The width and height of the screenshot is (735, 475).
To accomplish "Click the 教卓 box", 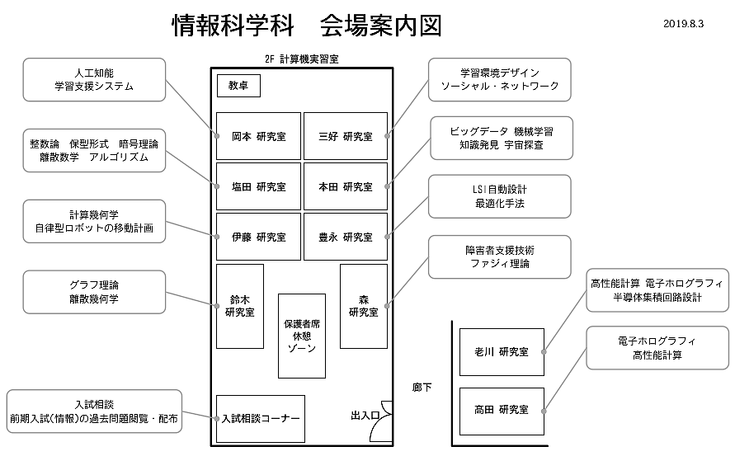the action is [x=238, y=86].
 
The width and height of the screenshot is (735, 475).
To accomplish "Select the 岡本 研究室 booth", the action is [x=258, y=136].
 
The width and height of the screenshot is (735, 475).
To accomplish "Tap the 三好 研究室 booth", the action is [x=346, y=136].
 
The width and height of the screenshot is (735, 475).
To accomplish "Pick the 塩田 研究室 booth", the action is [x=258, y=186].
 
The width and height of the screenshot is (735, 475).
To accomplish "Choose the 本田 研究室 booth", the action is [x=346, y=186].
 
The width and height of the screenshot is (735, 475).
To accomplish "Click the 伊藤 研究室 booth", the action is [x=258, y=237].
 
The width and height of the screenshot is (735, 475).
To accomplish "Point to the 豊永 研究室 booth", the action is [x=346, y=237].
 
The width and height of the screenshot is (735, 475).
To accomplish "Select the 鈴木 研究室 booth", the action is [x=240, y=307].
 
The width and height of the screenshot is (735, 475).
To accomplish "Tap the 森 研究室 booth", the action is [x=364, y=307].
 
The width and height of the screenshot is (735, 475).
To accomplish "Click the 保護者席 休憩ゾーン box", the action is [x=302, y=336].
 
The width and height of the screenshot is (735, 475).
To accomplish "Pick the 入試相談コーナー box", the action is [x=261, y=419].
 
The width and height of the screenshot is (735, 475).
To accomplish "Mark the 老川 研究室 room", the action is [x=502, y=352].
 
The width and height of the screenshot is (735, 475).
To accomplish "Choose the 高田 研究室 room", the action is [x=502, y=411].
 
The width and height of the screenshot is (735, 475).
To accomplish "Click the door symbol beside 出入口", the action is [x=382, y=421].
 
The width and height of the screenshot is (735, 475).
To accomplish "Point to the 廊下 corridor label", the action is [x=422, y=388].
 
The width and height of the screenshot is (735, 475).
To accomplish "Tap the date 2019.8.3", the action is [x=683, y=24].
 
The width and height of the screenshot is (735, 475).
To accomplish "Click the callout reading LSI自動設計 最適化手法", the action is [x=500, y=196].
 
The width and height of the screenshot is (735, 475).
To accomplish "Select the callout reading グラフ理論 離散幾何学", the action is [x=94, y=292].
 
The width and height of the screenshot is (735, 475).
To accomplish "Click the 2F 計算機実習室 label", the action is [x=301, y=59].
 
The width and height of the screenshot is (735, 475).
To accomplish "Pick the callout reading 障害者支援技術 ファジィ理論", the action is [x=500, y=256].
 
